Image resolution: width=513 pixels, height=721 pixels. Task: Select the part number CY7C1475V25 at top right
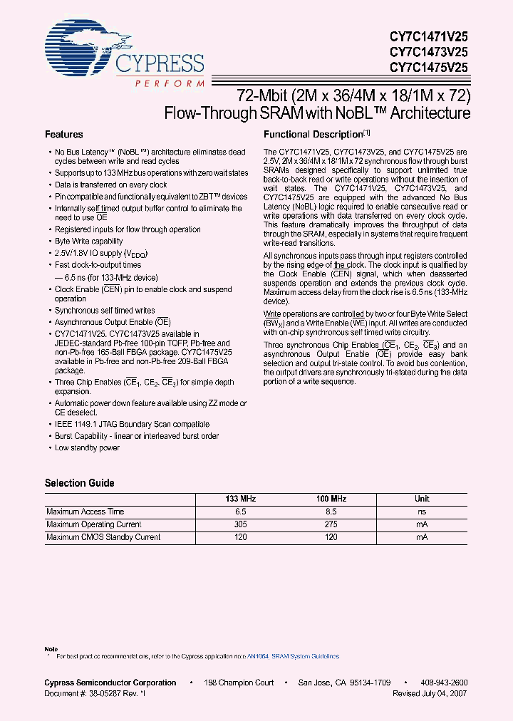pyautogui.click(x=428, y=68)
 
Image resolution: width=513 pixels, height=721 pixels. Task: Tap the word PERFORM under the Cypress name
pyautogui.click(x=169, y=83)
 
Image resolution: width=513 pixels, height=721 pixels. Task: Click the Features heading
pyautogui.click(x=64, y=134)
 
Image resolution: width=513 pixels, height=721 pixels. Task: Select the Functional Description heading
pyautogui.click(x=313, y=134)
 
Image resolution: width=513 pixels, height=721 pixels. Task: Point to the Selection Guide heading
pyautogui.click(x=80, y=483)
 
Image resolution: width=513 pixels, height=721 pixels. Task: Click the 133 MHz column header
pyautogui.click(x=241, y=499)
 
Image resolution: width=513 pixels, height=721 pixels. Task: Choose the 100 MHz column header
pyautogui.click(x=331, y=499)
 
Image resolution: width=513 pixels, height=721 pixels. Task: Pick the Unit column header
pyautogui.click(x=422, y=499)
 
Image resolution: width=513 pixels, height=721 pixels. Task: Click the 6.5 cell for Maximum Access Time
pyautogui.click(x=241, y=512)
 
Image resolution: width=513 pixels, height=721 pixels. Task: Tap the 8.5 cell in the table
pyautogui.click(x=331, y=512)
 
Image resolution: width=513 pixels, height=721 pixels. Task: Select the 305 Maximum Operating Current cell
pyautogui.click(x=241, y=524)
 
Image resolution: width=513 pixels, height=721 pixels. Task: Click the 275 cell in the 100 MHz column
pyautogui.click(x=331, y=524)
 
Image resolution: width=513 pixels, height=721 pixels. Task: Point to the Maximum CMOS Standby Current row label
pyautogui.click(x=103, y=537)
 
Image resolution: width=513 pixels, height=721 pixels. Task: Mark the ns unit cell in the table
pyautogui.click(x=422, y=512)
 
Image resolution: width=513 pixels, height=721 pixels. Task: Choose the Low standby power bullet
pyautogui.click(x=87, y=447)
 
